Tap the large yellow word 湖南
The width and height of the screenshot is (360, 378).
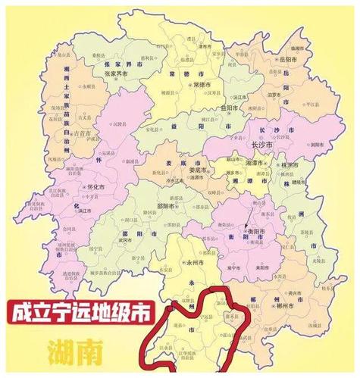click(75, 351)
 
